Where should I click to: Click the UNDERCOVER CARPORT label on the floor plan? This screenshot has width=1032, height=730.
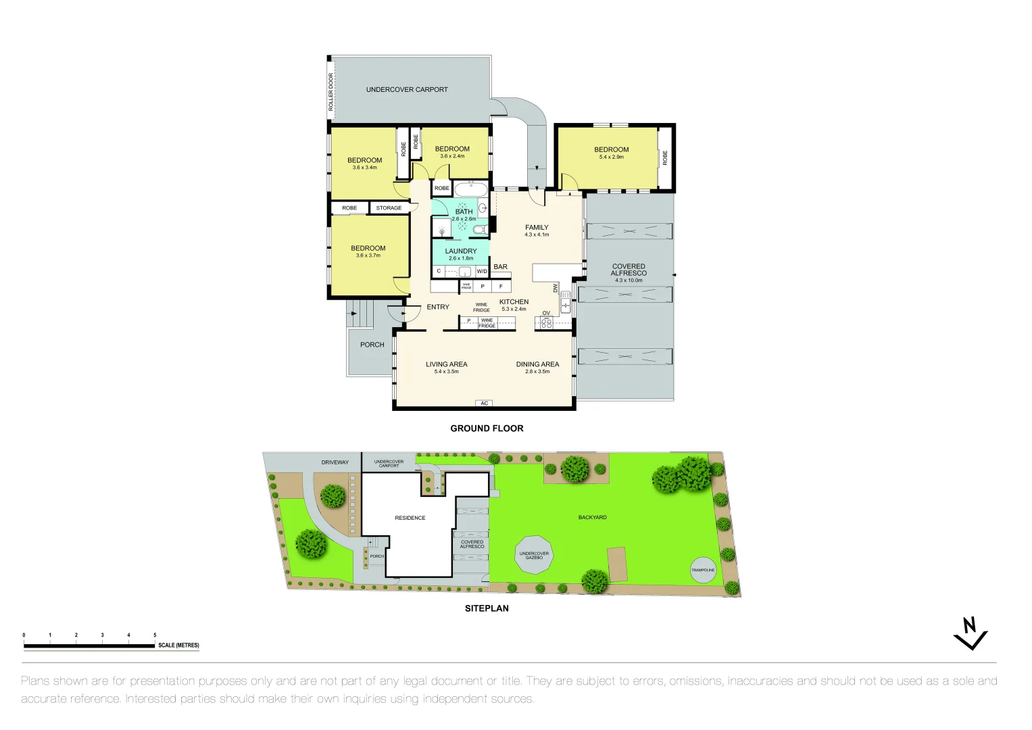coord(407,89)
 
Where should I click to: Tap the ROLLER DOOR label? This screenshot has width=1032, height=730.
coord(331,92)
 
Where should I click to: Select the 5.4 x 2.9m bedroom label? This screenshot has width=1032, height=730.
coord(611,153)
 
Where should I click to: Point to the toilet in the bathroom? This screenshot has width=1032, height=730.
coord(479,230)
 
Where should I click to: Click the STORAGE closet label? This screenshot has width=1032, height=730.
coord(389,208)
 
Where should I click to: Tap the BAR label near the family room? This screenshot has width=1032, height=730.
coord(500,267)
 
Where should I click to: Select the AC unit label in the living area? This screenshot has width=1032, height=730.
coord(484,404)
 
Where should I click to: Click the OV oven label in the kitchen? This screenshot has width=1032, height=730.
coord(546,313)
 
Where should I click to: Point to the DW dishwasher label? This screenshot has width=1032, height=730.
coord(556,288)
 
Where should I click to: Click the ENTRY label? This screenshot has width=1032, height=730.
coord(438,307)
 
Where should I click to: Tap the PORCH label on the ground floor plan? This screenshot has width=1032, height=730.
coord(372,345)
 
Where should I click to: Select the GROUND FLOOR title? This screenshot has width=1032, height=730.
coord(487,429)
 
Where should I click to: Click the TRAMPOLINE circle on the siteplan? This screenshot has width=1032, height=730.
coord(703,570)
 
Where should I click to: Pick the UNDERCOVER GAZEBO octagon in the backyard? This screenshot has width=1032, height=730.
coord(534,556)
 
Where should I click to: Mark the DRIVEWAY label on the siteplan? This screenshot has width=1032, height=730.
coord(335,462)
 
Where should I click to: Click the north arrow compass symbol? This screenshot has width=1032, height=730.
coord(970,633)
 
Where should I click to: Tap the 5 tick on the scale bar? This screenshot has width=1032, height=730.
coord(155,635)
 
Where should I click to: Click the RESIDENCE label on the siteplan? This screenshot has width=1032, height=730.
coord(410,518)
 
